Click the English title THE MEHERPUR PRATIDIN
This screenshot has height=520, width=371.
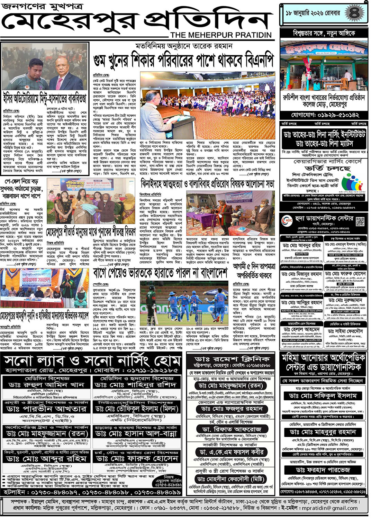click(x=221, y=35)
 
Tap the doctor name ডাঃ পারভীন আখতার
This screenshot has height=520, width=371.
click(x=46, y=409)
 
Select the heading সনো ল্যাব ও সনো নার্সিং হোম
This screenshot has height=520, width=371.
click(x=92, y=361)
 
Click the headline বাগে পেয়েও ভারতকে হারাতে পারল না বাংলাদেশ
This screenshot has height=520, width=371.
click(x=160, y=273)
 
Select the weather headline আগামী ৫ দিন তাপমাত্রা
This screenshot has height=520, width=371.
click(x=254, y=266)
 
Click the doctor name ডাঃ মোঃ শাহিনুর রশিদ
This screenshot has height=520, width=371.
click(x=136, y=385)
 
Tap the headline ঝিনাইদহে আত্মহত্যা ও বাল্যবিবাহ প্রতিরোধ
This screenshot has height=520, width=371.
click(x=207, y=184)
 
